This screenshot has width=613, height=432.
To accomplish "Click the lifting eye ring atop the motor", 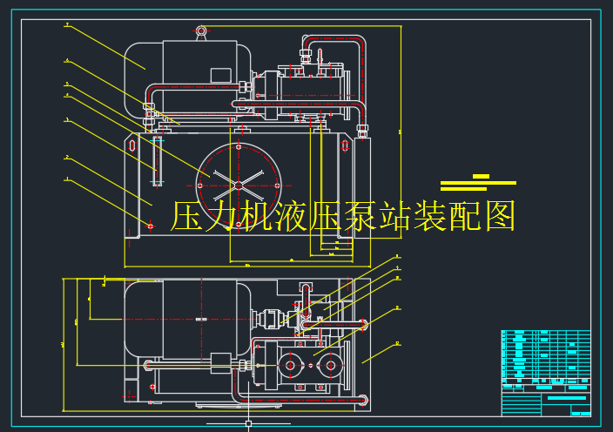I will click(201, 32).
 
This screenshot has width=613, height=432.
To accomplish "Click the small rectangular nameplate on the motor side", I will click(220, 76).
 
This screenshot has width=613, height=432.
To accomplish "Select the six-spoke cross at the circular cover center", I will click(239, 180).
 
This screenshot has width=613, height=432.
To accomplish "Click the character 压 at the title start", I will click(186, 216).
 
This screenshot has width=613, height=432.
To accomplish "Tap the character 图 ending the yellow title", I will click(500, 216).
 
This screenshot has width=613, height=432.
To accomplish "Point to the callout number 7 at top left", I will click(66, 25).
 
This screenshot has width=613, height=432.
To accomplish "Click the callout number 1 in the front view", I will click(66, 179).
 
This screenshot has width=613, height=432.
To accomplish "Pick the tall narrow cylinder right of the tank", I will click(362, 196).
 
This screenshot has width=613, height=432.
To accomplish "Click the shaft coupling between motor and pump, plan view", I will click(271, 320).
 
